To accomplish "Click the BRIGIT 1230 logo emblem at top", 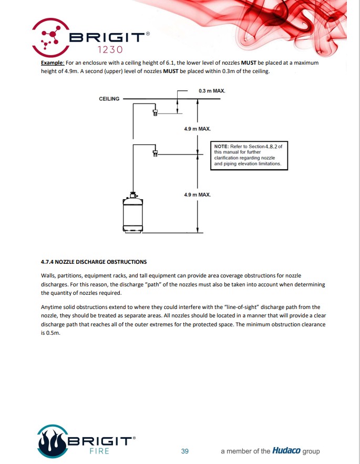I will (x=50, y=37).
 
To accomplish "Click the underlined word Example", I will (x=53, y=63).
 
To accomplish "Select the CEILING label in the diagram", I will (x=109, y=99).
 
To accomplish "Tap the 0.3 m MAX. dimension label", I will (x=212, y=91).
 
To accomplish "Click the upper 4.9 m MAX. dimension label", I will (x=197, y=128).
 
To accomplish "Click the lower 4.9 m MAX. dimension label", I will (x=197, y=194).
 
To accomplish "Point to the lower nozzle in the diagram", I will (x=155, y=153).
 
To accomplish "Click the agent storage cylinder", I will (x=133, y=213).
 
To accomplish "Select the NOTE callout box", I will (x=250, y=155).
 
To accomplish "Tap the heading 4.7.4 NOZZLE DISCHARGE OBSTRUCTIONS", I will (x=94, y=262).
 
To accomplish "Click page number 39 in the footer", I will (x=184, y=451).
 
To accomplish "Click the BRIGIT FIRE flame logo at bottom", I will (x=53, y=441).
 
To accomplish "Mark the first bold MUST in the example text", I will (x=249, y=63).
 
